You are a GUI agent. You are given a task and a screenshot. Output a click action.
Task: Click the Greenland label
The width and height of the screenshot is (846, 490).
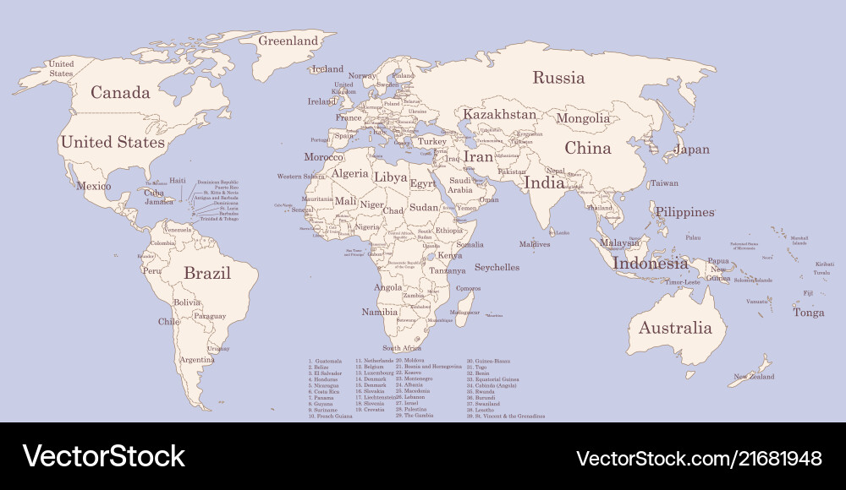point(288,41)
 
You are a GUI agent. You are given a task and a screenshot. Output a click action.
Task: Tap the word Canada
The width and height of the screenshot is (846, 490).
point(120,93)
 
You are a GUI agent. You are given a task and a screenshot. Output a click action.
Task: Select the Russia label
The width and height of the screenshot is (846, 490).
point(558,78)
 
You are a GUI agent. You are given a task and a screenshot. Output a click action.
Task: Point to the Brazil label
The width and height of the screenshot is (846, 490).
point(207,273)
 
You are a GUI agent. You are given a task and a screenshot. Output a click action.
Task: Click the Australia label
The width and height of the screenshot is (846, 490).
point(675,328)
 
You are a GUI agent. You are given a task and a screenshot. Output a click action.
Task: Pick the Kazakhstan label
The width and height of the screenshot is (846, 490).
point(499,114)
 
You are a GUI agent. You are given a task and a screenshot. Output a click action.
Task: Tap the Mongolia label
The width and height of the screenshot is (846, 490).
point(582,118)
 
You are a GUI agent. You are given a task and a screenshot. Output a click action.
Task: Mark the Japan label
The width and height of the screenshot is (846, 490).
point(691,150)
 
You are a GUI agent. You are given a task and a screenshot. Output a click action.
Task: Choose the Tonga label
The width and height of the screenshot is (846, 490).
point(808,313)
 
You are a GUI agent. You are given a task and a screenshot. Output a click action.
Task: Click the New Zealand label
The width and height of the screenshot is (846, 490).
point(754,377)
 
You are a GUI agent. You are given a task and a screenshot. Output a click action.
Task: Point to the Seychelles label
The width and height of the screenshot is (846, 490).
point(497,267)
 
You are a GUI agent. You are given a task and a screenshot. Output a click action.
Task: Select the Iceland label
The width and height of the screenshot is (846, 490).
point(327,69)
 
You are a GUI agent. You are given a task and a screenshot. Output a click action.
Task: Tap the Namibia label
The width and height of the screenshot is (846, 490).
point(379,312)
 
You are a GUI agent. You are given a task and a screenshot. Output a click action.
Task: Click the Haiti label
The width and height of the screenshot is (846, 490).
point(177,180)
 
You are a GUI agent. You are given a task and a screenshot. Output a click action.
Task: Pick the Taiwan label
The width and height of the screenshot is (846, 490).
point(664,183)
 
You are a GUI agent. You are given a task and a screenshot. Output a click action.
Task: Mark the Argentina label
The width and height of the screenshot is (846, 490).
point(197,360)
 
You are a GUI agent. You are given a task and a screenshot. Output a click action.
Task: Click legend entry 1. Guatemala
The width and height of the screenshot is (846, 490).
point(325,361)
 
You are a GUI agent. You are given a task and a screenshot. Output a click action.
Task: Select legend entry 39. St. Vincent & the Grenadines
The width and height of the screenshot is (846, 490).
point(506,416)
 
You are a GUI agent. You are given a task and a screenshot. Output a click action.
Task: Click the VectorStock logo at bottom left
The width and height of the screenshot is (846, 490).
point(104,456)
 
